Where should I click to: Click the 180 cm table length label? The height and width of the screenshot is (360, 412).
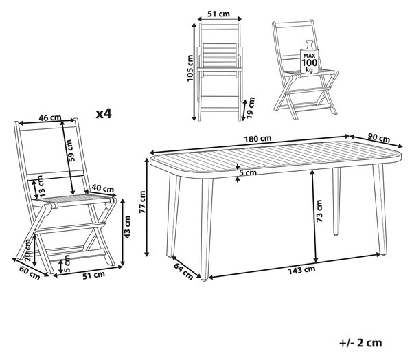click(x=257, y=138)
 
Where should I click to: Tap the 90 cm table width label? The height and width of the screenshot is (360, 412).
click(x=378, y=137)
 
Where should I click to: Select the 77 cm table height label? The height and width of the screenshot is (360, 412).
click(x=142, y=202)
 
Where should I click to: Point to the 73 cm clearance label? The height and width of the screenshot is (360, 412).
click(x=319, y=211)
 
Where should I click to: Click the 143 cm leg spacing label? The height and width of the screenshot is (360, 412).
click(x=301, y=269)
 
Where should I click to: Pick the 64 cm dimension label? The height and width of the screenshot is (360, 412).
click(x=183, y=271)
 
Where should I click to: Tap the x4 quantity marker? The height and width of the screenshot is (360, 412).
click(x=104, y=114)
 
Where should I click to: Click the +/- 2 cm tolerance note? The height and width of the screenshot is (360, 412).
click(x=360, y=343)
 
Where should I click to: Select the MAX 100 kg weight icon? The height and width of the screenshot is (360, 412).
click(x=309, y=57)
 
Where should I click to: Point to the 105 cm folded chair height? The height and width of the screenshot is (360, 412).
click(x=190, y=69)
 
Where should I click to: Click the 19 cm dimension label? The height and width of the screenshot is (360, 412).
click(x=251, y=108)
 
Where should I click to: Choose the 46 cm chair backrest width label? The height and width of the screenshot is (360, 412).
click(x=50, y=117)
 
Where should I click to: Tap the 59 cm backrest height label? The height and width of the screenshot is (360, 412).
click(x=71, y=150)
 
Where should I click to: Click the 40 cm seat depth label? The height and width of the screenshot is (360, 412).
click(x=103, y=188)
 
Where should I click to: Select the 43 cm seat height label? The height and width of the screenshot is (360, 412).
click(x=127, y=227)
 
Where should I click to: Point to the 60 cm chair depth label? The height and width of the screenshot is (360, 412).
click(x=30, y=273)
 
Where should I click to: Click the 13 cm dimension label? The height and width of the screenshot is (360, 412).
click(x=41, y=186)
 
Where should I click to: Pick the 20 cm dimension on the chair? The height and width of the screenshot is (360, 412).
click(x=27, y=250)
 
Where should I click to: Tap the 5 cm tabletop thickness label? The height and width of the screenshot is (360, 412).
click(x=247, y=172)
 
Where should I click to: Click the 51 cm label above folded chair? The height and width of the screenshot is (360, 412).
click(x=218, y=14)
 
